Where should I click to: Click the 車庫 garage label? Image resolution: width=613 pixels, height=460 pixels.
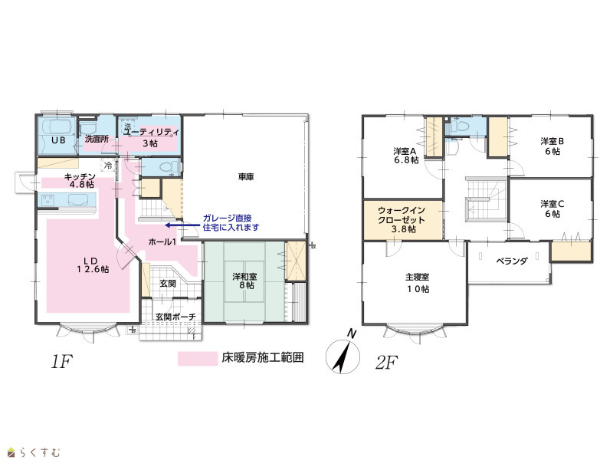click(246, 177)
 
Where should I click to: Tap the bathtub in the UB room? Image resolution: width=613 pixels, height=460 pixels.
click(57, 127)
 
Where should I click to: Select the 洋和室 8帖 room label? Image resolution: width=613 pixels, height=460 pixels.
click(244, 281)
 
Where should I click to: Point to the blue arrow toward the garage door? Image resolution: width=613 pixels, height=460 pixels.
click(182, 225)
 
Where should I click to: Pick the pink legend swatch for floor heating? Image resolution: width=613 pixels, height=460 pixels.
click(198, 358)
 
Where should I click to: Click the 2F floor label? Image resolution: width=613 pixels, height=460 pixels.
click(386, 363)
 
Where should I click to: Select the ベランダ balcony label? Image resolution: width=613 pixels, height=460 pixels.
click(512, 261)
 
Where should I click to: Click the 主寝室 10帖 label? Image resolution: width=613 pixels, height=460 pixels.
click(417, 283)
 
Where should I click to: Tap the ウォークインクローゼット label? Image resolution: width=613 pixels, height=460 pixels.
click(402, 220)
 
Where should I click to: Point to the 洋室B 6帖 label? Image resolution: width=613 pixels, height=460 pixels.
click(552, 146)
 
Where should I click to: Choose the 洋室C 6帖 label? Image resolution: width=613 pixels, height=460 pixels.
click(552, 209)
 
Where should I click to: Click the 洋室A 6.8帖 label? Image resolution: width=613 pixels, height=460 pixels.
click(406, 156)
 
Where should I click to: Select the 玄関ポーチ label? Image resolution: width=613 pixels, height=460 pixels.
click(175, 317)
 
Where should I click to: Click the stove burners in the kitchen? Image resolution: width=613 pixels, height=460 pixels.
click(48, 199)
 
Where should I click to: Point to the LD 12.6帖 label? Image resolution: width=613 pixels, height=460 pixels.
click(93, 264)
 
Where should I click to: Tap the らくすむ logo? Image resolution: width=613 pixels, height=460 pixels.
click(34, 452)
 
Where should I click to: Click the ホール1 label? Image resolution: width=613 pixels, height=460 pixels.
click(162, 242)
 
